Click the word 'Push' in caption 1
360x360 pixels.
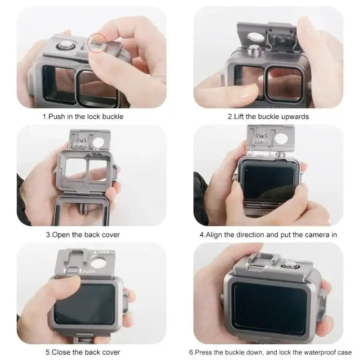pyautogui.click(x=57, y=117)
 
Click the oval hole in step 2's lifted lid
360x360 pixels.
pyautogui.click(x=256, y=37)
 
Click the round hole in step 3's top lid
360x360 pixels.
pyautogui.click(x=98, y=142)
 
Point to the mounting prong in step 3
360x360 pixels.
pyautogui.click(x=82, y=208)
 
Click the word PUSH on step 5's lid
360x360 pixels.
pyautogui.click(x=89, y=271)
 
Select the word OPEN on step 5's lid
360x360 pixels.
pyautogui.click(x=103, y=252)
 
